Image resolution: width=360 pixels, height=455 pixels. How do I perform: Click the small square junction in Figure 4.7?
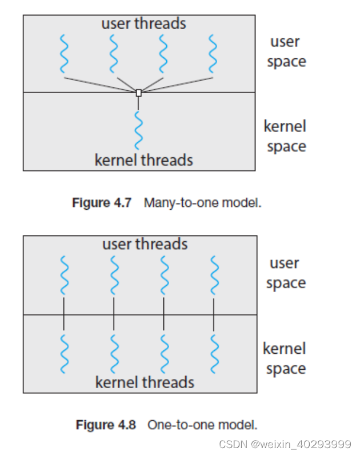point(138,93)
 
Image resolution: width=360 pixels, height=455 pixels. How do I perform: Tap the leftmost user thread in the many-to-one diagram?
point(63,54)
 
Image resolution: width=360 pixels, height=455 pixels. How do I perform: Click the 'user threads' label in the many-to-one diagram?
point(143,24)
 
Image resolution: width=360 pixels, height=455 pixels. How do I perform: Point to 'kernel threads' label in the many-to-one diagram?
point(143,160)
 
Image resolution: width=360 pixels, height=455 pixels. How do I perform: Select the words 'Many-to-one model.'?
point(203,202)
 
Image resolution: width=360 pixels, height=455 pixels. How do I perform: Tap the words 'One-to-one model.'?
point(202,425)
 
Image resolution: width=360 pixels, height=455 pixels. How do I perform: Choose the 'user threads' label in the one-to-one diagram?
point(145,245)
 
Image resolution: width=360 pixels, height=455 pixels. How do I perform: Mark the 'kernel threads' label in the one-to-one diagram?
point(145,382)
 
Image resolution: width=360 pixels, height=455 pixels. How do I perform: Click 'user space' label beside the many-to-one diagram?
point(286,51)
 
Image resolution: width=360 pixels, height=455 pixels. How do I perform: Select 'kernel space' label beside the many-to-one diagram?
point(285,136)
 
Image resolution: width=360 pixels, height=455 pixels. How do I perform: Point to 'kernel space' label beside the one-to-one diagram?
point(285,358)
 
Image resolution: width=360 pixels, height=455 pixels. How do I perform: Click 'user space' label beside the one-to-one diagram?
point(286,273)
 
